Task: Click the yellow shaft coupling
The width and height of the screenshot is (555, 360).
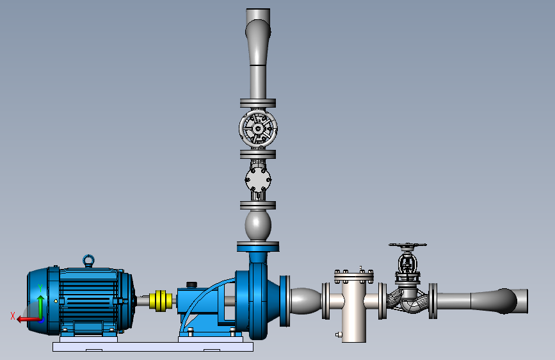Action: tap(161, 301)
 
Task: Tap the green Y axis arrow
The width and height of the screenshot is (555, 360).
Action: tap(41, 306)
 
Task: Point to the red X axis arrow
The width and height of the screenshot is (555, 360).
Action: tap(28, 320)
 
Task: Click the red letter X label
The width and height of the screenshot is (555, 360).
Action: tap(13, 316)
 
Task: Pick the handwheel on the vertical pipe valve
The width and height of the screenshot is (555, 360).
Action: tap(258, 129)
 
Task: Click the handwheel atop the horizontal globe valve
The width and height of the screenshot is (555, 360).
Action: tap(408, 245)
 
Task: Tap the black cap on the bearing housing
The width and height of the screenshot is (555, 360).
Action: tap(191, 284)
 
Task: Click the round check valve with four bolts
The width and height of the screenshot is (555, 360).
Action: tap(258, 179)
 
